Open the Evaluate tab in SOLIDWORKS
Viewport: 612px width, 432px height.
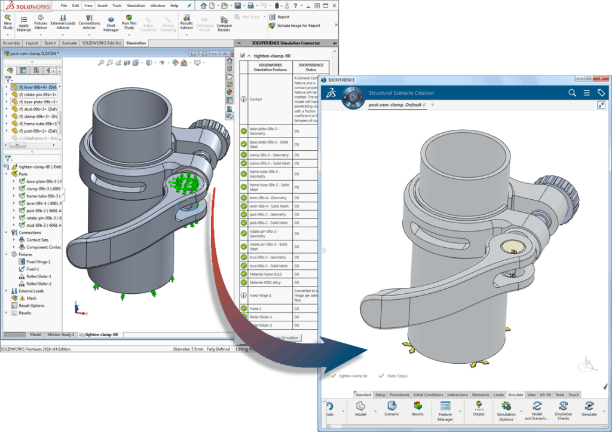69,43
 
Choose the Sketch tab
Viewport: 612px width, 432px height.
50,43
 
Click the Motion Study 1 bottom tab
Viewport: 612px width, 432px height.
60,334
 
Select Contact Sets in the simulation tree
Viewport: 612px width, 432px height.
37,240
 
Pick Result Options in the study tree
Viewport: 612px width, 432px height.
31,305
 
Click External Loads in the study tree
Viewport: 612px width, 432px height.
31,291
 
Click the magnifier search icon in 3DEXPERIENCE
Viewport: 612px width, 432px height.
572,93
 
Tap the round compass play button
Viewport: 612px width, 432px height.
354,97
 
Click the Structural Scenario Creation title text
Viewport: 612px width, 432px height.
401,93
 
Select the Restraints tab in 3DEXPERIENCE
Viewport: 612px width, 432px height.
481,395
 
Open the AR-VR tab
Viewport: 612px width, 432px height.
545,395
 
